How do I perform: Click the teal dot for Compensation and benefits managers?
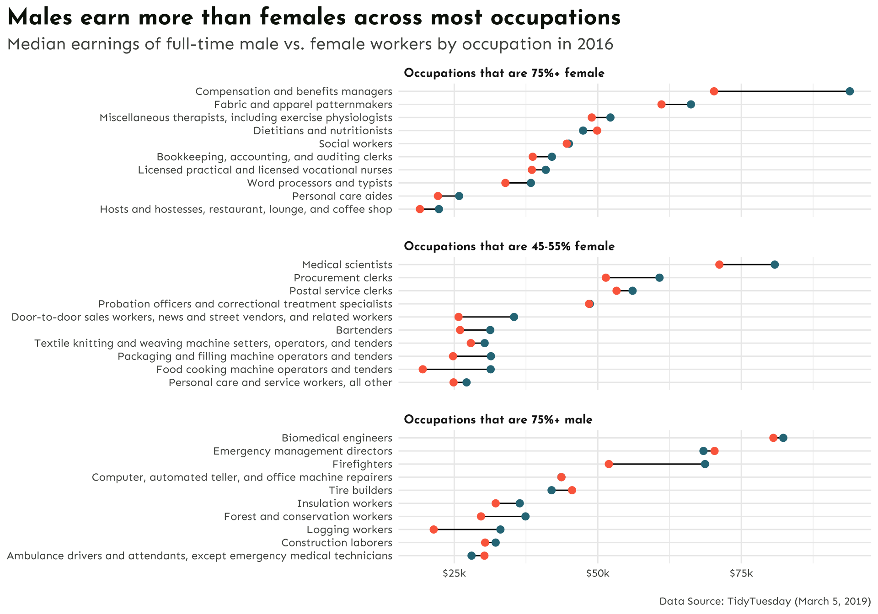point(850,91)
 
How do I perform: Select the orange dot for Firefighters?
point(609,464)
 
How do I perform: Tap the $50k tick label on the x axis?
point(598,573)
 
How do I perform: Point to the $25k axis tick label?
point(454,573)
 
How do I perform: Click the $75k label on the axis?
point(741,573)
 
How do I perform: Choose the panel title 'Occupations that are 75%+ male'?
point(498,420)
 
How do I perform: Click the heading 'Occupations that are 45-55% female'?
point(509,247)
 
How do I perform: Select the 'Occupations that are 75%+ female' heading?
point(504,74)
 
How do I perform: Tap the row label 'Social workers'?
point(355,144)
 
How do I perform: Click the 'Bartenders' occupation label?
point(364,330)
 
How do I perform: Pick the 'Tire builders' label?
point(360,491)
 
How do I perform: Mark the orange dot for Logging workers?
point(434,529)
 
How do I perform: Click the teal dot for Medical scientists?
point(775,265)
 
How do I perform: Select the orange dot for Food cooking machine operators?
point(423,369)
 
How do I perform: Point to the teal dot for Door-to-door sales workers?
point(514,317)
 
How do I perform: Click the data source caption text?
point(765,601)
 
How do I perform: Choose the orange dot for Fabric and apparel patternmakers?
point(661,105)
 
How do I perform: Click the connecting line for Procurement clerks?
point(632,278)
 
